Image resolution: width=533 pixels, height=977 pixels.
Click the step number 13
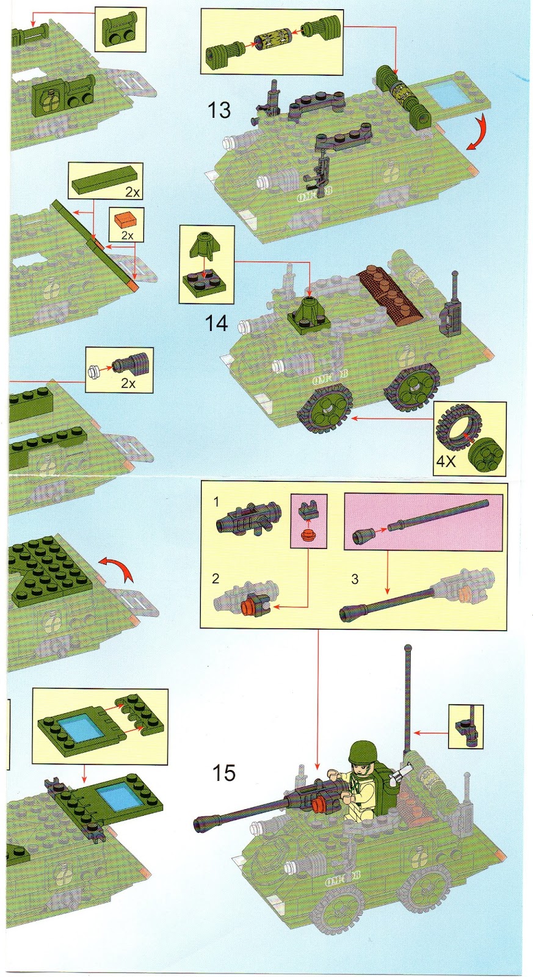pyautogui.click(x=219, y=111)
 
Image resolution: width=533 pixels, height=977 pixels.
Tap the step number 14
pyautogui.click(x=217, y=323)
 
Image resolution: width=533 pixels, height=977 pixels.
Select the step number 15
pyautogui.click(x=223, y=773)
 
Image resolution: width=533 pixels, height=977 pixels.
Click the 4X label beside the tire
pyautogui.click(x=446, y=461)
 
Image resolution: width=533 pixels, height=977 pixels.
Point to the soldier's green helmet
pyautogui.click(x=362, y=752)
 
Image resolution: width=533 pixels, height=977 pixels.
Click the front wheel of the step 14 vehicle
pyautogui.click(x=326, y=410)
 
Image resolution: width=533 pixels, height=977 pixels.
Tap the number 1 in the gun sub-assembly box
pyautogui.click(x=216, y=502)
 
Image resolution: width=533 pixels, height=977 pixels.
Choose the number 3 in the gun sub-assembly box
pyautogui.click(x=355, y=579)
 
